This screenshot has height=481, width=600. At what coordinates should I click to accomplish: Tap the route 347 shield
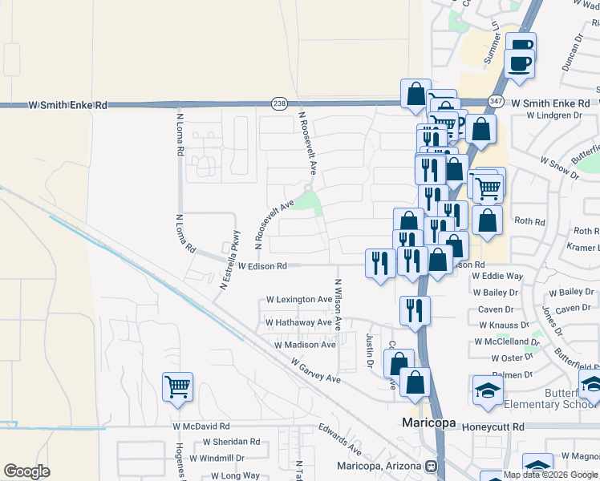coord(496,102)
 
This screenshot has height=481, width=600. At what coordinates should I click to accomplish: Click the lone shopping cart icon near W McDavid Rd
coord(177,386)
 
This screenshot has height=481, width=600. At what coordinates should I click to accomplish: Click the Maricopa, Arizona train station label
coord(379,466)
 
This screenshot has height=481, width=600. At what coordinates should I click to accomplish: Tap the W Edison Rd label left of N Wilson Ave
coord(262,265)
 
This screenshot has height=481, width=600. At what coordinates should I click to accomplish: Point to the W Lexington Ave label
coord(299,300)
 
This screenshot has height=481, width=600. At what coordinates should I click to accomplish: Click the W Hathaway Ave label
coord(298,322)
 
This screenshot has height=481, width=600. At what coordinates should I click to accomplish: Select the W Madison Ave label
coord(305,345)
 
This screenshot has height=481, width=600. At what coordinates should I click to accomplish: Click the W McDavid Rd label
coord(201,426)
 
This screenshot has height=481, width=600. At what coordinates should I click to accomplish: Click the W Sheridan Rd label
coord(231,442)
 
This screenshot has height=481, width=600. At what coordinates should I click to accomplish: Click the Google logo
coord(27,471)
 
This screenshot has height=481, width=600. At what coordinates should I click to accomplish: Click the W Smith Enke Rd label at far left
coord(67,105)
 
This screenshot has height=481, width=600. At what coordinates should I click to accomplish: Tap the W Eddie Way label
coord(497,276)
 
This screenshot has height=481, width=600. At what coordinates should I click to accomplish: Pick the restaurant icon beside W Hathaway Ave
coord(415,310)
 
